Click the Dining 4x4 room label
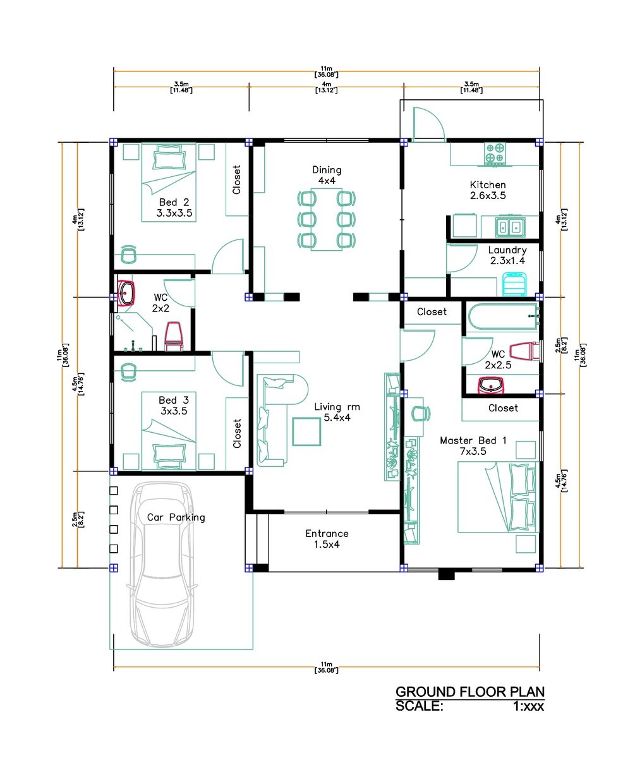coord(327,175)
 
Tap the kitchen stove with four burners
coord(495,154)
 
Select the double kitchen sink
coord(509,227)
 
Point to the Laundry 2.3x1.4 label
coord(507,255)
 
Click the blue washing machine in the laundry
coord(514,285)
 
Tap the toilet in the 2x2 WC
coord(174,336)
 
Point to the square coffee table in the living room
coord(306,431)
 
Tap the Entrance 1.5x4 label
coord(327,539)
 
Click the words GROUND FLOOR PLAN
coord(469,692)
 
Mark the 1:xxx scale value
coord(528,706)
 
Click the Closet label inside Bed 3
coord(237,433)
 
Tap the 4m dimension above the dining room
coord(326,87)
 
